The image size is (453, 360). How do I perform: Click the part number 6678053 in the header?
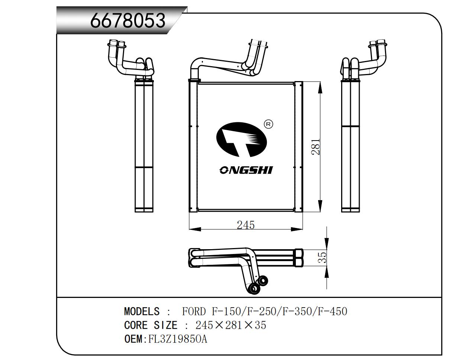tap(128, 20)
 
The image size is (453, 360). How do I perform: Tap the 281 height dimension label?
tap(316, 147)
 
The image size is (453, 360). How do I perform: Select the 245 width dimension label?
tap(246, 225)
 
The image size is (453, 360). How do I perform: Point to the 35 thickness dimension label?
tap(322, 257)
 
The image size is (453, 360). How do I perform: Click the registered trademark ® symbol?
tap(268, 124)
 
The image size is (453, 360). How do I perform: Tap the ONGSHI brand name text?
tap(246, 170)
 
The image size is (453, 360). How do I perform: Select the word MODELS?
tap(142, 312)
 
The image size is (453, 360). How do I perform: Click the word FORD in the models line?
tap(194, 312)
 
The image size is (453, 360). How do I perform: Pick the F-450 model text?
tap(332, 312)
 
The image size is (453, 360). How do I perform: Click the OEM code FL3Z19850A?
tap(178, 339)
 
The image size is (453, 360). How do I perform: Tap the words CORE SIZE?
tap(151, 325)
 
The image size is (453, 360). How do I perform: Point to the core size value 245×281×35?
tap(231, 325)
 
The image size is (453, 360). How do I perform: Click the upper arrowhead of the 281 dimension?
tap(320, 88)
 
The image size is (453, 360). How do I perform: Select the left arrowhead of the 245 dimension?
tap(195, 229)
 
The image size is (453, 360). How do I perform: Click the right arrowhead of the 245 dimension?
tap(297, 229)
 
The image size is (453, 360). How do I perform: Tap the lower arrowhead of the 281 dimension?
tap(320, 206)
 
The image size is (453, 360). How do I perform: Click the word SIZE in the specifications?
tap(165, 325)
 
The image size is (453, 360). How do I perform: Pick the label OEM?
tap(133, 339)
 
